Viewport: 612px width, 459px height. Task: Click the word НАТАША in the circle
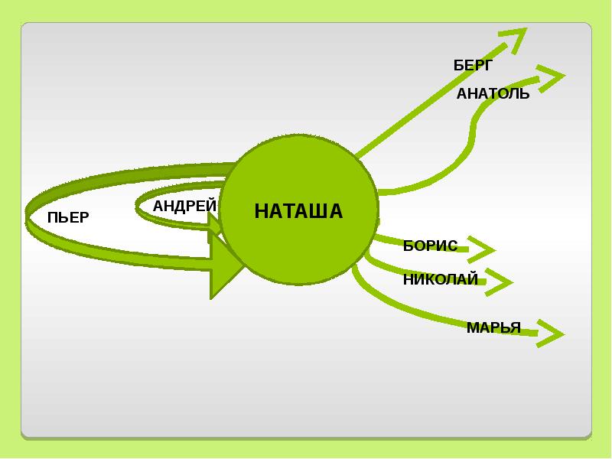click(298, 211)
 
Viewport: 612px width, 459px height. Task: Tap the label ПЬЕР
click(68, 217)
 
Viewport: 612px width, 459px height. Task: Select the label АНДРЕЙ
click(184, 206)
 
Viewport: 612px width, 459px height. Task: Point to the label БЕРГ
click(474, 66)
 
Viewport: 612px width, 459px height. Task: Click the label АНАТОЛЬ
click(493, 94)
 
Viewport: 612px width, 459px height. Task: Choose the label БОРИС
click(430, 246)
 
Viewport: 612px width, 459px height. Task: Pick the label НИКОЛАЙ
click(440, 279)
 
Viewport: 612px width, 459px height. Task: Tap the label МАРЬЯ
click(493, 328)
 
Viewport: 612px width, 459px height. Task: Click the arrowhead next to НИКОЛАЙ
click(499, 282)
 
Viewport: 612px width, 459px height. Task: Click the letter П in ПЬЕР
click(52, 217)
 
